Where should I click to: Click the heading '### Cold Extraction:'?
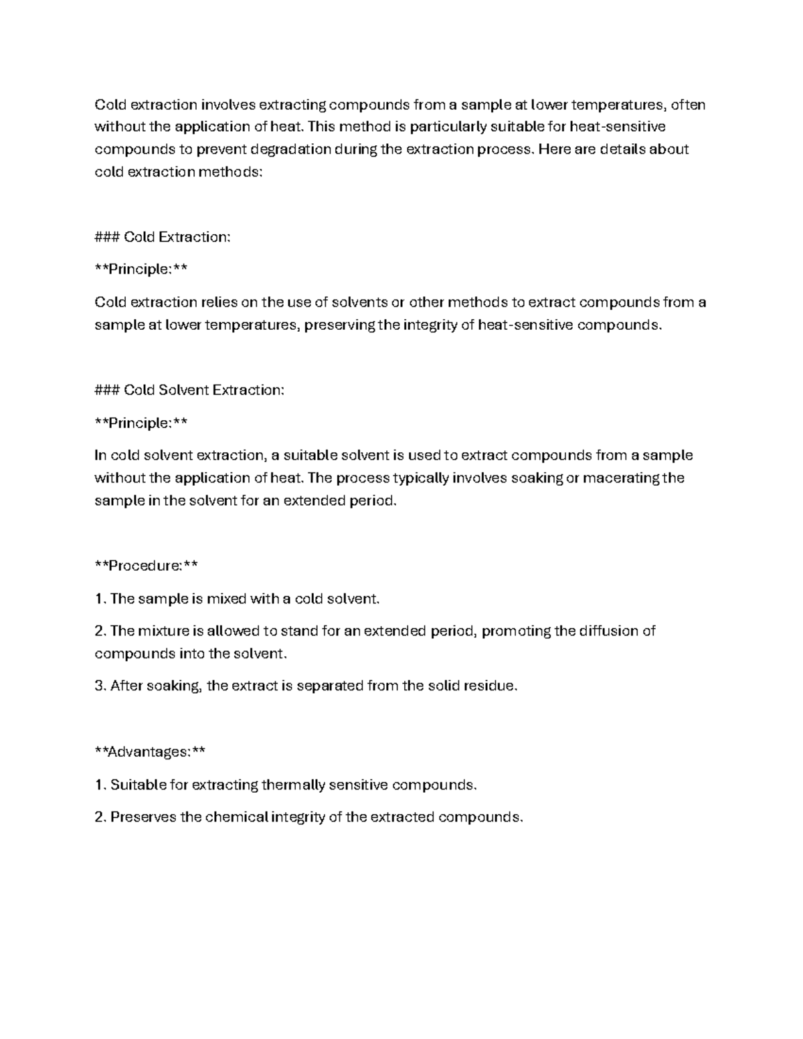coord(163,237)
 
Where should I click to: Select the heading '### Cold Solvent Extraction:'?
coord(189,390)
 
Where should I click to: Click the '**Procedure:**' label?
coord(147,566)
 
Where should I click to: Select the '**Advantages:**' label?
coord(150,752)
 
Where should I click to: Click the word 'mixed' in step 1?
coord(226,599)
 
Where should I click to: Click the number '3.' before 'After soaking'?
coord(100,686)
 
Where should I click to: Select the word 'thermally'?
coord(292,785)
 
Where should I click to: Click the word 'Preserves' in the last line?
coord(143,818)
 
